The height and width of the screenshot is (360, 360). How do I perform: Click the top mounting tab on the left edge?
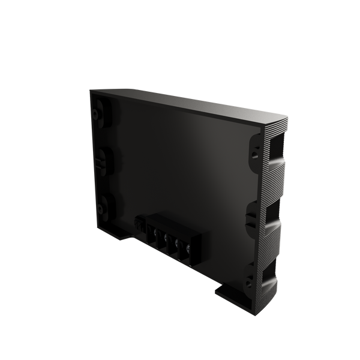coord(99,112)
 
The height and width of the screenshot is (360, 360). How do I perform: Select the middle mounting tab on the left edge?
coord(100,160)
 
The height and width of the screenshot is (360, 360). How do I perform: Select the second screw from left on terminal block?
coord(168,239)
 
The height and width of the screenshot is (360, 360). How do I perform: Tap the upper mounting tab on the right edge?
coord(254,150)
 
